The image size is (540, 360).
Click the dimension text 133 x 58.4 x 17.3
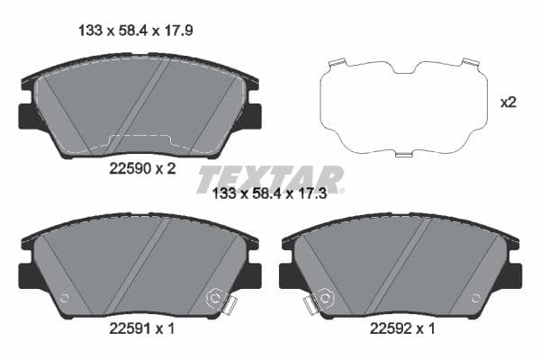click(277, 193)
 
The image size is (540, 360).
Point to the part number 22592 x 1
click(402, 328)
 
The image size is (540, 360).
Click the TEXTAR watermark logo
click(270, 178)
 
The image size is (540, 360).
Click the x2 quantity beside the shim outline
click(508, 103)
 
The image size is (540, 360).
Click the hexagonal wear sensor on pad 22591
click(216, 298)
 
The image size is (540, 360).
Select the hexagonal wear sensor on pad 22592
click(325, 298)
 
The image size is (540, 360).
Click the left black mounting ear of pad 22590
click(28, 116)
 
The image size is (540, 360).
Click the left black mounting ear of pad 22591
click(28, 274)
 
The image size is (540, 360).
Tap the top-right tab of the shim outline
click(468, 62)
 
